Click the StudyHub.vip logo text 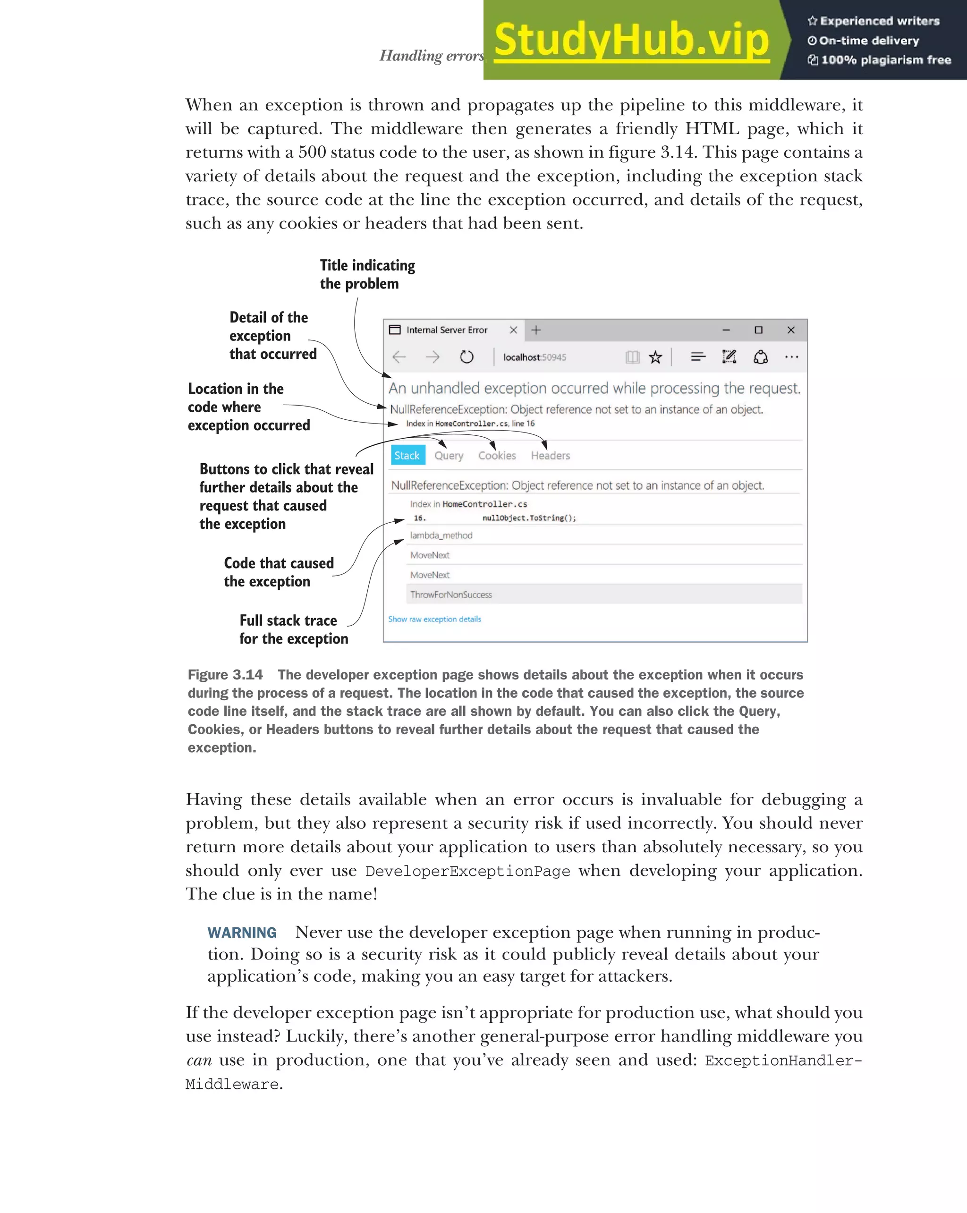[x=631, y=41]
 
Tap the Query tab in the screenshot [x=449, y=456]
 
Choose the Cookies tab [x=497, y=456]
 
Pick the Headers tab [x=550, y=456]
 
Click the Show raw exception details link [x=434, y=619]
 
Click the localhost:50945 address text [x=534, y=357]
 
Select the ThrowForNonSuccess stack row [x=451, y=594]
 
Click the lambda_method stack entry [x=441, y=535]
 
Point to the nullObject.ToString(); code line [x=529, y=517]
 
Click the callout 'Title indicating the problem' [x=367, y=274]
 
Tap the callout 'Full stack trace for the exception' [x=293, y=629]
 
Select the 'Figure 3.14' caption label [x=225, y=675]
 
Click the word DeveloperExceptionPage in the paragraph [x=467, y=872]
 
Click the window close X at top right [x=790, y=330]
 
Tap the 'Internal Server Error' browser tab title [x=447, y=330]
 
